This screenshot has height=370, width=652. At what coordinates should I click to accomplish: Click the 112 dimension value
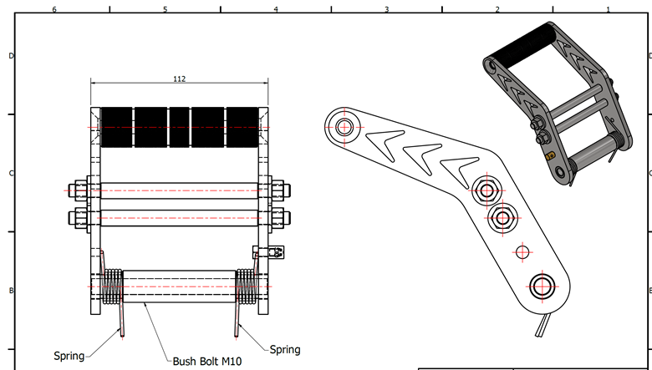179,79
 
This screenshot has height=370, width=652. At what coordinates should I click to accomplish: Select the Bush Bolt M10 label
207,362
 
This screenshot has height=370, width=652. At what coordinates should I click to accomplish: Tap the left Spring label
69,356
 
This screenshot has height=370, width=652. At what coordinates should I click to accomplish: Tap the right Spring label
285,349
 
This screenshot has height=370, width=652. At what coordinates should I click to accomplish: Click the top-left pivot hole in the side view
344,128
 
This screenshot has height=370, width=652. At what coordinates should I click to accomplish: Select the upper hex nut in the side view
486,188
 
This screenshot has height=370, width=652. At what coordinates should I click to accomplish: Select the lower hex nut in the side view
502,219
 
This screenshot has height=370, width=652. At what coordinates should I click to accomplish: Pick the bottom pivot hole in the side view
542,284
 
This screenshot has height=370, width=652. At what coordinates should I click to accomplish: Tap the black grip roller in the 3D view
524,48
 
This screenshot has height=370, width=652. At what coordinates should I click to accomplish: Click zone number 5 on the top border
165,9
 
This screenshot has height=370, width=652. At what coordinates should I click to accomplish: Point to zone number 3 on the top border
386,9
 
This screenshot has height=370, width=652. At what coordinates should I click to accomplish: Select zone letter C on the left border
11,173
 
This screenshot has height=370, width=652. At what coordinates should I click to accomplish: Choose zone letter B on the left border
11,291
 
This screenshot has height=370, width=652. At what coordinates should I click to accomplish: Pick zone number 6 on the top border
54,9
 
